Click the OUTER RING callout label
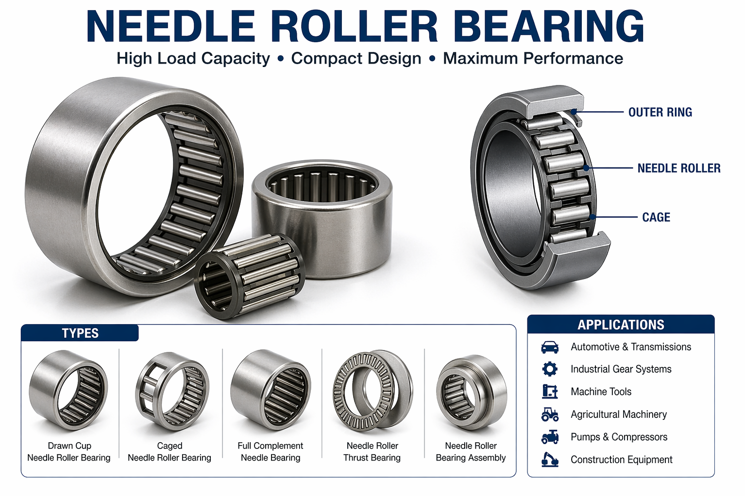(660, 113)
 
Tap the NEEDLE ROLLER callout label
(679, 168)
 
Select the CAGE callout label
(656, 217)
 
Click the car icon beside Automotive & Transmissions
(550, 347)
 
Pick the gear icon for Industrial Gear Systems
(550, 369)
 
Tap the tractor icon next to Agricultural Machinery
(550, 414)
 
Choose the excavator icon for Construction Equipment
(550, 460)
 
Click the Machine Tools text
(601, 392)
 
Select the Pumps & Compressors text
(619, 437)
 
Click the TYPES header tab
(80, 333)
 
